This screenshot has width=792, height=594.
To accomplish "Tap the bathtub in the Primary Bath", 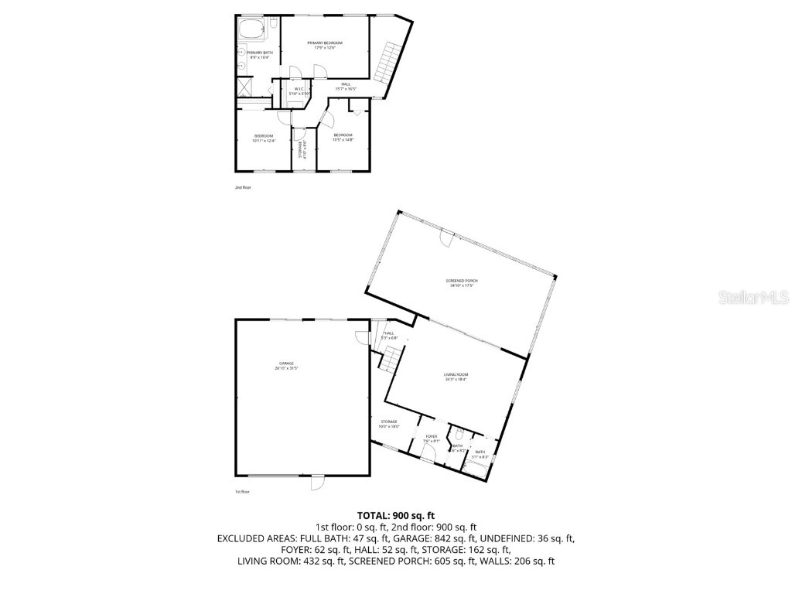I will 251,31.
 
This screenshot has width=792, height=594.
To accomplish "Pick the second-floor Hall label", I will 346,86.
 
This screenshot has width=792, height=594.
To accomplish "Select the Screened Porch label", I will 459,283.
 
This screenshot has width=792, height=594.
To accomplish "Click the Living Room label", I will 456,377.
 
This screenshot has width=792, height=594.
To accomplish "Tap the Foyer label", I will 432,438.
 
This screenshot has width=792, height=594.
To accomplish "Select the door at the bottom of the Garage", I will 317,483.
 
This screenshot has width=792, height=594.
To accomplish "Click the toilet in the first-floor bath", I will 460,434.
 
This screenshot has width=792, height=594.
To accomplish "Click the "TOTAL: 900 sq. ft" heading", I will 396,515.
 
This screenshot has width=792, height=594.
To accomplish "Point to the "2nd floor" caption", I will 243,187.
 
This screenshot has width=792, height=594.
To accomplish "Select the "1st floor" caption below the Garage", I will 243,492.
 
